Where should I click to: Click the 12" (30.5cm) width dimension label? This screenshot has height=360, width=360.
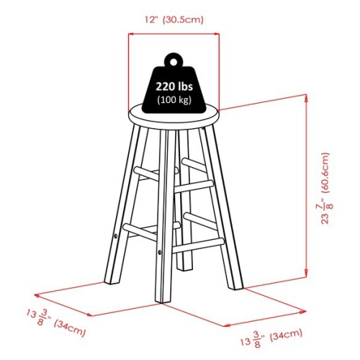click(174, 19)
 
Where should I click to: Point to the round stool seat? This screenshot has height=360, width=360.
click(173, 115)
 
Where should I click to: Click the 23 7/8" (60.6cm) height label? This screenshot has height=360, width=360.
click(328, 187)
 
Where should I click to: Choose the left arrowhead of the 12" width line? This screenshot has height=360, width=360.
click(131, 32)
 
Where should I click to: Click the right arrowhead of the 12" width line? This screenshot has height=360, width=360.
click(217, 32)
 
